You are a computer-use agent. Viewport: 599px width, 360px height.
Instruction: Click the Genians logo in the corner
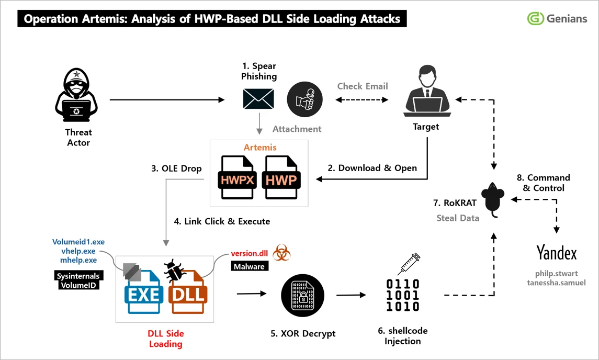tap(557, 19)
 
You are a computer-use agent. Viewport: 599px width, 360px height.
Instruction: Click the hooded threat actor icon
tap(76, 95)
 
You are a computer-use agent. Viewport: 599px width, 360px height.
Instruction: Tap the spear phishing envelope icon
tap(258, 98)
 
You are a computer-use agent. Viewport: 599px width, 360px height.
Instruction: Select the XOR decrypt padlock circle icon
tap(297, 294)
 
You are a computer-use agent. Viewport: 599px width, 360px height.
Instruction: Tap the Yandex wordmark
tap(556, 253)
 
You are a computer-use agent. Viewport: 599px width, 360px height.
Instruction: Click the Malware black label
tap(249, 267)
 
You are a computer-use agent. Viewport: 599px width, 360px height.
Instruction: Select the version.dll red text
tap(249, 254)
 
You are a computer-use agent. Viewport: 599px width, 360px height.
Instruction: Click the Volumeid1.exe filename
tap(78, 242)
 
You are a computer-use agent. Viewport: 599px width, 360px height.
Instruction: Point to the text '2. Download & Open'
tap(372, 168)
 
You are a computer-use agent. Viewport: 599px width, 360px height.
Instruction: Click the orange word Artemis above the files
tap(259, 147)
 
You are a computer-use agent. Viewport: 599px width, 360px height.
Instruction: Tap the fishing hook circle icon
tap(304, 99)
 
